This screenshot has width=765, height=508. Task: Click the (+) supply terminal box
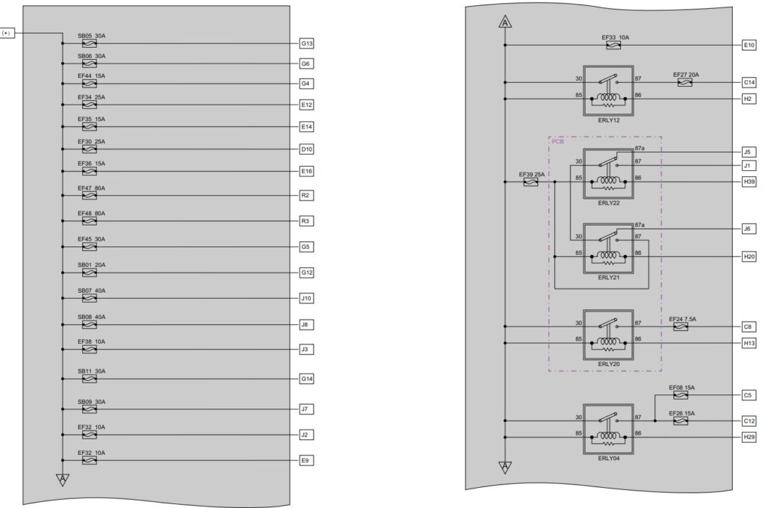pos(6,33)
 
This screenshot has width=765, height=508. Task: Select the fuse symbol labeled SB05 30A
pos(90,43)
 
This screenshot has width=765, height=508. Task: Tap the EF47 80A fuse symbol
pos(90,196)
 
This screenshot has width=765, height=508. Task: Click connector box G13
pos(306,43)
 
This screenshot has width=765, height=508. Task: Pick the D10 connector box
pos(306,149)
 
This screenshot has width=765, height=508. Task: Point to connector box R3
pos(306,221)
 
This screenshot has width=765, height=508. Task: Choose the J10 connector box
pos(306,298)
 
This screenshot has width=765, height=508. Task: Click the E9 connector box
pos(306,460)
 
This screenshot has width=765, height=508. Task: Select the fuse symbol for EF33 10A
pos(613,46)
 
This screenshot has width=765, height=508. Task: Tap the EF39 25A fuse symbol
pos(531,182)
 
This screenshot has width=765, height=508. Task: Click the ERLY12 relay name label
pos(609,120)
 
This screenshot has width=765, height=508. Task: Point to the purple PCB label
pos(557,141)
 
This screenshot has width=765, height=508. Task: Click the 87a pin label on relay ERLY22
pos(639,149)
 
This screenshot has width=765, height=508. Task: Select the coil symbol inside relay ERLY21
pos(608,255)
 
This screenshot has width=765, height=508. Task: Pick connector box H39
pos(749,182)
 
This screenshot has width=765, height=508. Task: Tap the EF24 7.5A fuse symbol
pos(681,327)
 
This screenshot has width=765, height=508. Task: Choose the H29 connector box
pos(749,437)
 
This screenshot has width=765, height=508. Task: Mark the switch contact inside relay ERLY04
pos(608,418)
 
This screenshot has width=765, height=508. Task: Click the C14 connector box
pos(749,82)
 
